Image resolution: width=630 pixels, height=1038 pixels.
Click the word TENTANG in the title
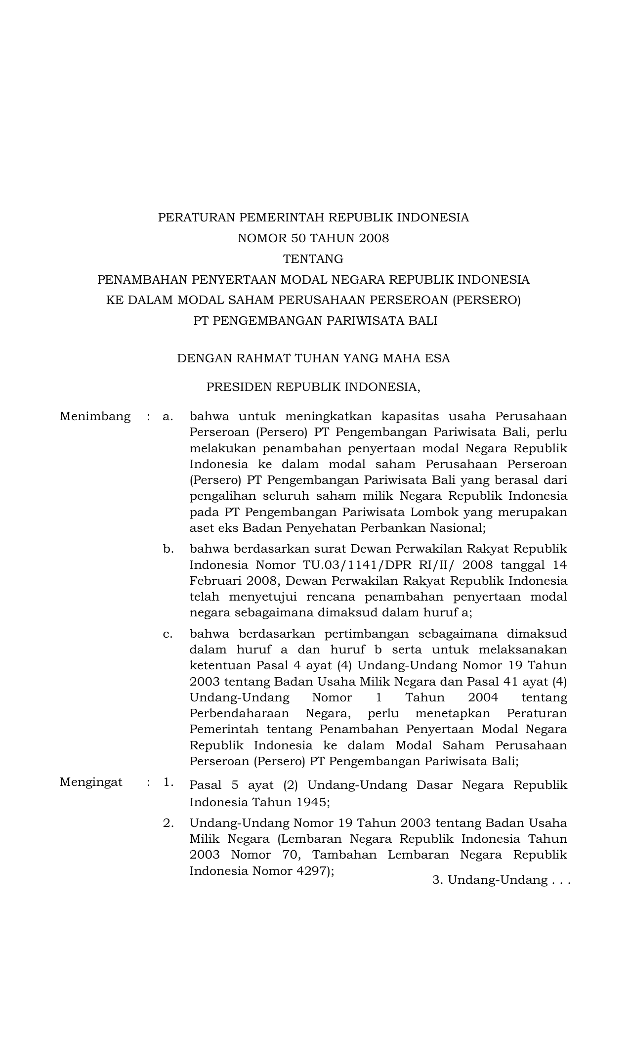click(313, 259)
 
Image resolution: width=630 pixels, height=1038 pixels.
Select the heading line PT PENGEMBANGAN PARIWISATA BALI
click(315, 321)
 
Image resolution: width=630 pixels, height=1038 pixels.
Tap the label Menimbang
click(95, 417)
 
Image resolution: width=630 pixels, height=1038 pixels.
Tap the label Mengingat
click(91, 782)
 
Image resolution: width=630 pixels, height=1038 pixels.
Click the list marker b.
click(168, 549)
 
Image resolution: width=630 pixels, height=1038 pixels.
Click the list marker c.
click(168, 634)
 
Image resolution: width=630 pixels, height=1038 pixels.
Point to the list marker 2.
click(168, 823)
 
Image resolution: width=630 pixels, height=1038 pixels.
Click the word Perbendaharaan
click(239, 713)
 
